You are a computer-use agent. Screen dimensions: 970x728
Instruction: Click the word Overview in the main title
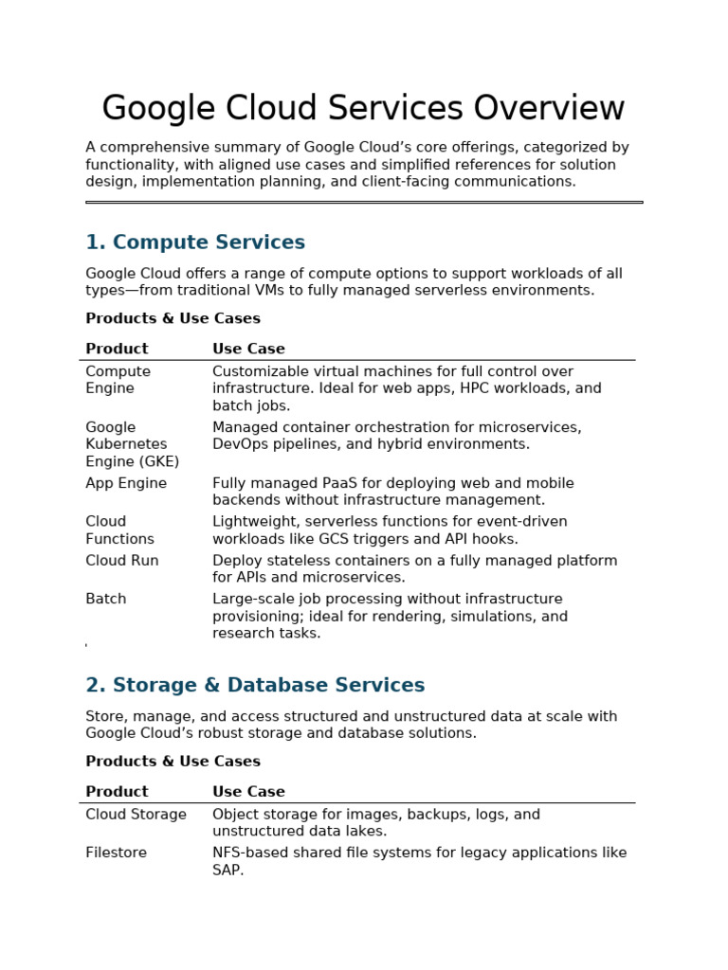(x=549, y=109)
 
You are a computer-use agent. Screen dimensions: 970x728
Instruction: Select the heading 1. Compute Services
(x=195, y=242)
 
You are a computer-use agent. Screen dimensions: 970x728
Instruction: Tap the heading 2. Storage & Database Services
(x=255, y=685)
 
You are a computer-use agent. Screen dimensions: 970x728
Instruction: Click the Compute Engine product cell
(x=118, y=380)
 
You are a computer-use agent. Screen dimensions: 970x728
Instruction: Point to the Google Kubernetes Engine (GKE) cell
(x=132, y=444)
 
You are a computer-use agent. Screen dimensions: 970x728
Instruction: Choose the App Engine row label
(x=125, y=483)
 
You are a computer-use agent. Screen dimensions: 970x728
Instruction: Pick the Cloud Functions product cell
(x=119, y=530)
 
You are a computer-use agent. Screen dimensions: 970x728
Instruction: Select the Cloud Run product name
(x=121, y=561)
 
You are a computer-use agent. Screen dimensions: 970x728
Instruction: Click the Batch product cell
(x=105, y=599)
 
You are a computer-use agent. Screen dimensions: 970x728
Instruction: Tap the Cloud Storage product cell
(x=136, y=815)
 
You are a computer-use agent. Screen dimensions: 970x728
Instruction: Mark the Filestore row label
(x=116, y=853)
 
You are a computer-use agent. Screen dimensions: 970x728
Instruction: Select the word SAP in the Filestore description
(x=227, y=870)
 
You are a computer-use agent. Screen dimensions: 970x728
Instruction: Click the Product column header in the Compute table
(x=117, y=349)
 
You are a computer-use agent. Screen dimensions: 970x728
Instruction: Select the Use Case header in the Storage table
(x=248, y=792)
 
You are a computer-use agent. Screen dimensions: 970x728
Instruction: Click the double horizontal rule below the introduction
(x=364, y=202)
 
